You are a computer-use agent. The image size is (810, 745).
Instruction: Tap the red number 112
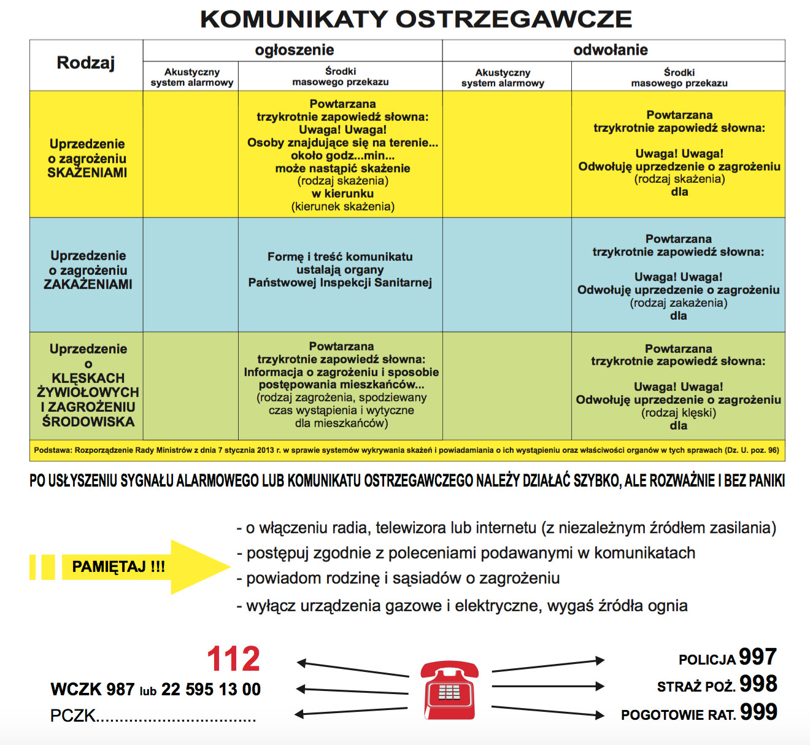click(x=233, y=659)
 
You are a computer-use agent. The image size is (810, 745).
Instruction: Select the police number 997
click(x=758, y=657)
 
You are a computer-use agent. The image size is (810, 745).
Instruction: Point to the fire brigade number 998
click(x=758, y=684)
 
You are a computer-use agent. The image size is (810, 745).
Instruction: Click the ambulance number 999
click(x=758, y=712)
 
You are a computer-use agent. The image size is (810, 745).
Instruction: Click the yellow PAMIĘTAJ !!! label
click(x=118, y=566)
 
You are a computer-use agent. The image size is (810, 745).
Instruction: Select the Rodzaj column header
click(x=86, y=63)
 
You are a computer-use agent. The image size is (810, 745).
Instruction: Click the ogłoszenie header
click(x=295, y=50)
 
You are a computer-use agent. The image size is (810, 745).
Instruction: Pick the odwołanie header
click(x=611, y=50)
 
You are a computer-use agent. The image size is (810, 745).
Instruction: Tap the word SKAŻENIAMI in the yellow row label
click(x=87, y=173)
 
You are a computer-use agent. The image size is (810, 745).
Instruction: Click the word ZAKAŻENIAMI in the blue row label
click(x=88, y=285)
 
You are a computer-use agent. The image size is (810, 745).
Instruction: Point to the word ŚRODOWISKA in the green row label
click(x=88, y=422)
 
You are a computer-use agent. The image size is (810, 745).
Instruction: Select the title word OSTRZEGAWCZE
click(x=513, y=19)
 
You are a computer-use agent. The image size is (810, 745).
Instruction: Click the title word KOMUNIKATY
click(x=294, y=19)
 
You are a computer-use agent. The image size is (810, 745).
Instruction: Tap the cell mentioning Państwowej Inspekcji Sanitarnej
click(x=340, y=270)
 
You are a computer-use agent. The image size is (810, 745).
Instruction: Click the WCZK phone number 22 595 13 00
click(x=210, y=690)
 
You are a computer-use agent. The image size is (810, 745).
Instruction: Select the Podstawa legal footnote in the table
click(x=406, y=450)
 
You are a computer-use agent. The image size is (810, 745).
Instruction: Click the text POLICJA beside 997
click(x=707, y=660)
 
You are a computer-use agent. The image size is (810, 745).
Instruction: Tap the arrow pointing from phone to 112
click(x=353, y=669)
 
